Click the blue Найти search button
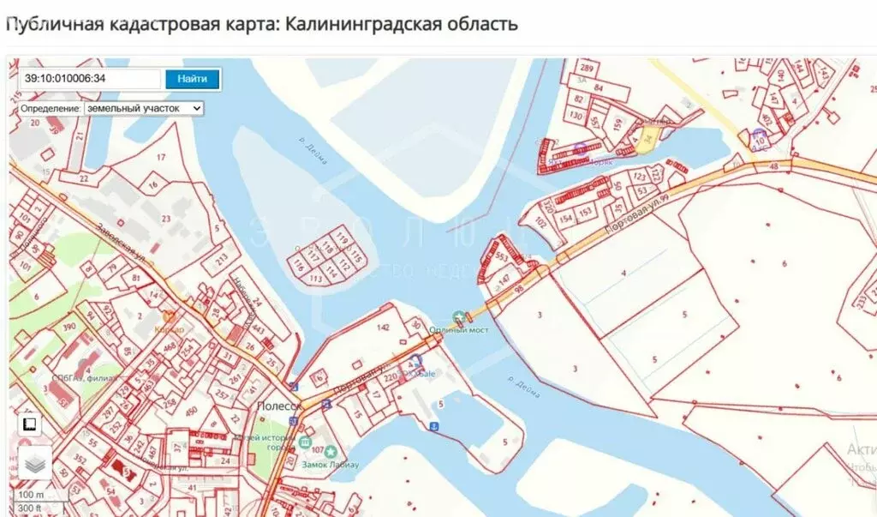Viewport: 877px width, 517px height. (192, 79)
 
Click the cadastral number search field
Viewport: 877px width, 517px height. (90, 79)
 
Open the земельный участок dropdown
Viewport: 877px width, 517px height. (144, 109)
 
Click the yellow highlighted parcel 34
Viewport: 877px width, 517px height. (647, 138)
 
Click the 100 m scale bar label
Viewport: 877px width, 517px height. (32, 495)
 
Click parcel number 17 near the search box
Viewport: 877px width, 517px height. (160, 157)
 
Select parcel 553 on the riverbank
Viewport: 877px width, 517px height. (503, 258)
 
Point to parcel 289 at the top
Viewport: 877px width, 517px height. (587, 68)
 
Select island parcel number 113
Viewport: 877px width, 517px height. (315, 278)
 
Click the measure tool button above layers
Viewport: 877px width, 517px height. (29, 424)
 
